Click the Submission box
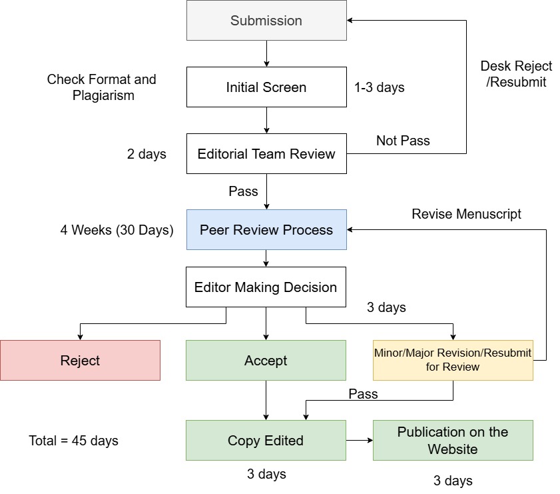pos(266,21)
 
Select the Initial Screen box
pos(266,87)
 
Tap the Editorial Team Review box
pos(266,154)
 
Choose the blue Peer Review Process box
pos(266,230)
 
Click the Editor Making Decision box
pos(266,287)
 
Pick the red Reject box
pos(80,361)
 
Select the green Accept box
pos(266,361)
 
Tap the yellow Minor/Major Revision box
pos(453,361)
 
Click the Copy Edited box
pos(266,441)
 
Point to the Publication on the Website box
pos(453,441)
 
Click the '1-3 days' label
pos(380,87)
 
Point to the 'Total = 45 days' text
pos(74,441)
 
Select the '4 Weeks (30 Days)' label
pos(117,230)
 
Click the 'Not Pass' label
pos(403,141)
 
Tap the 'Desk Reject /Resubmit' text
pos(516,74)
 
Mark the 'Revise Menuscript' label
pos(466,214)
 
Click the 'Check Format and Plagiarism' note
pos(101,87)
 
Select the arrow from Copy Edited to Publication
pos(360,441)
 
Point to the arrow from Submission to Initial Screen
pos(266,53)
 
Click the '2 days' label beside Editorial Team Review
pos(146,154)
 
